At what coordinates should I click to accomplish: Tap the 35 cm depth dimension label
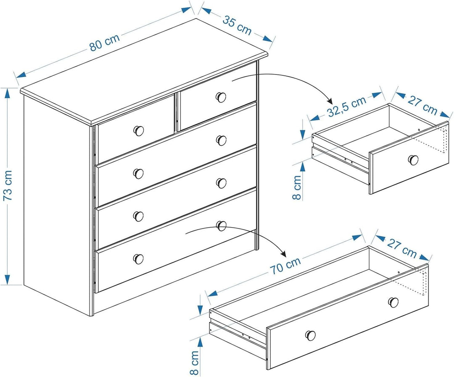tap(237, 25)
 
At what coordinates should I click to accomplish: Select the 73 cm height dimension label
tap(8, 186)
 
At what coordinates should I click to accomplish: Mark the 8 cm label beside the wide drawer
tap(195, 362)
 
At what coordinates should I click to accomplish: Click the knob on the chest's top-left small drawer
tap(138, 131)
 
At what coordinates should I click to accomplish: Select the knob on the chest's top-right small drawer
tap(221, 97)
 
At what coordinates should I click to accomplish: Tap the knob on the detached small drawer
tap(413, 160)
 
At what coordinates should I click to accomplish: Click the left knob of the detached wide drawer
tap(310, 335)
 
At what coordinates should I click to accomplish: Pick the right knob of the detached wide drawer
tap(393, 302)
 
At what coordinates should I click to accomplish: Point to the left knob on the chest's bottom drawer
tap(138, 259)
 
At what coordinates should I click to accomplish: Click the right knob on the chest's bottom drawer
tap(221, 226)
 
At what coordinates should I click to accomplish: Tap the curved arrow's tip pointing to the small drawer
tap(331, 103)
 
